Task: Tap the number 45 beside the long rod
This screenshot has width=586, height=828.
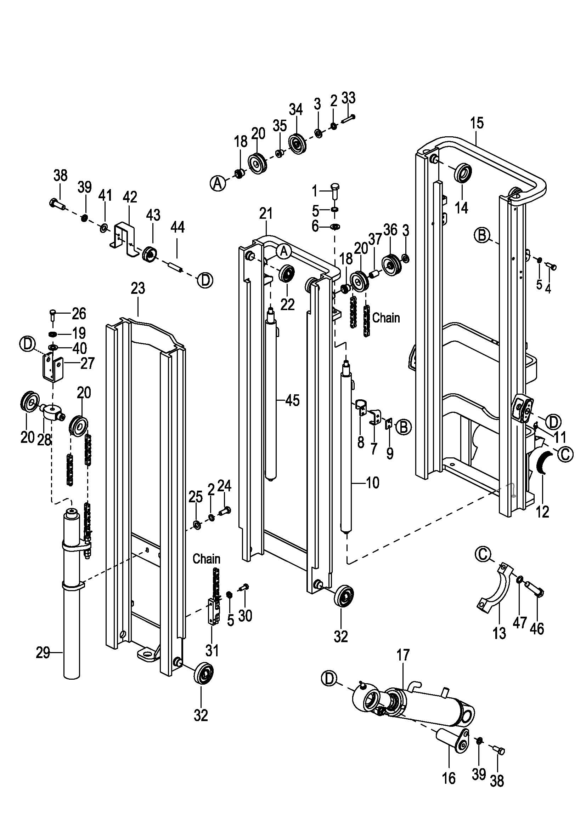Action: point(292,400)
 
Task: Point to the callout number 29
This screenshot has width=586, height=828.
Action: point(43,653)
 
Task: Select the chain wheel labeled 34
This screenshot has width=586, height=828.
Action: point(298,144)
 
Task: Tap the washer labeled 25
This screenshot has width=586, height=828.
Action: point(197,525)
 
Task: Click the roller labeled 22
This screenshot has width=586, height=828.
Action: point(287,274)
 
